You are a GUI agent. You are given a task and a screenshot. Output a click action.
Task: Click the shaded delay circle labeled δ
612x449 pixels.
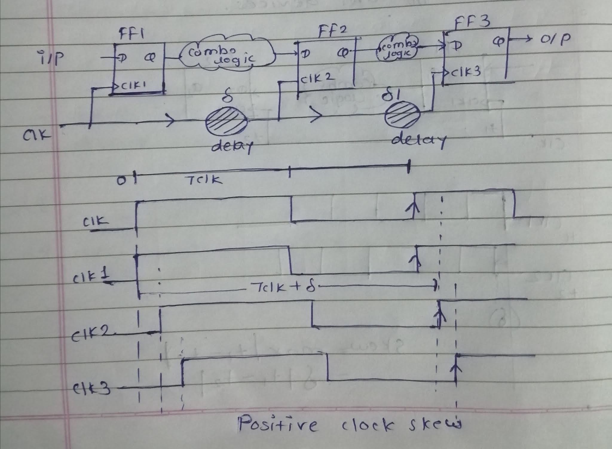(x=226, y=121)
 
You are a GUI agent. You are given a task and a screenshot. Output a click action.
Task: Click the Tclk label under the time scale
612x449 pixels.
(x=204, y=180)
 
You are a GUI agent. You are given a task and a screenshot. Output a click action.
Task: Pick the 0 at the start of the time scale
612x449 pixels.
(x=121, y=181)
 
